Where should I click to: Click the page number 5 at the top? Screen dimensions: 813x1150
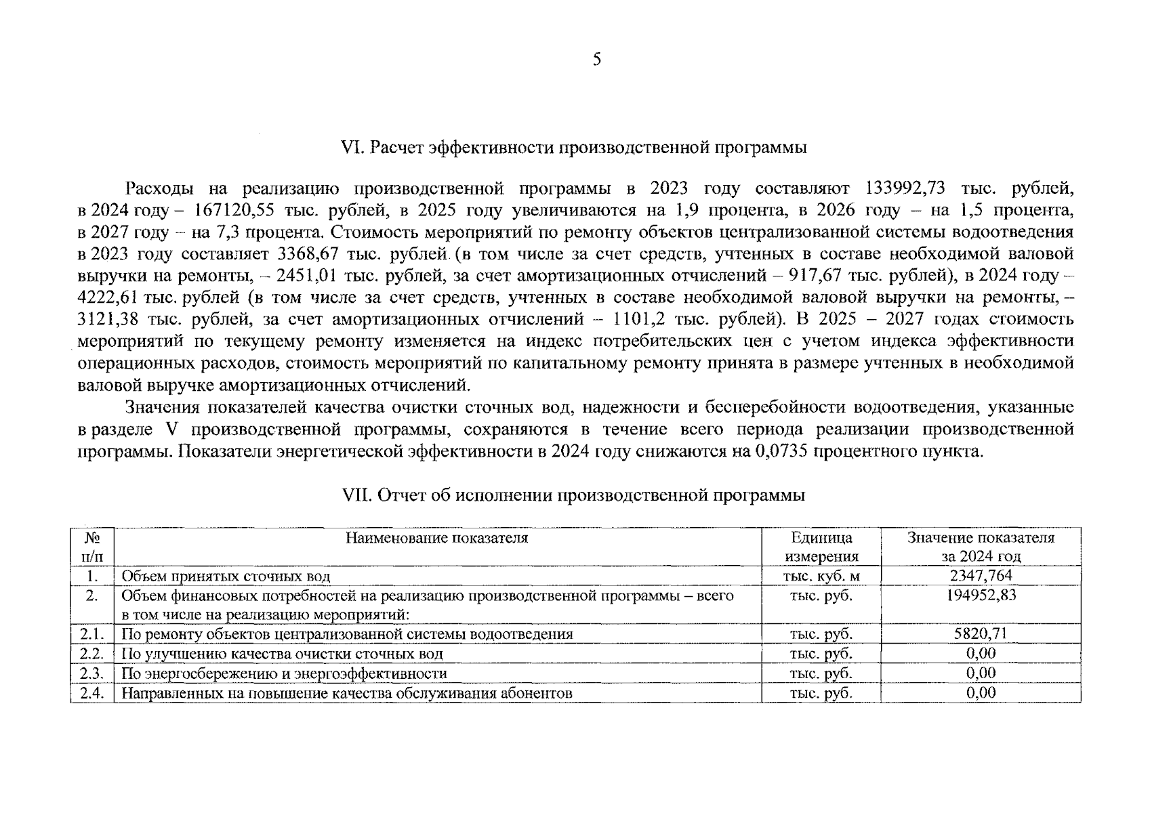pos(596,60)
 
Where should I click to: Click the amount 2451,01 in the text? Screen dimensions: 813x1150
pos(305,276)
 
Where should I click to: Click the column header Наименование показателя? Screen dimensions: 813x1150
pos(437,539)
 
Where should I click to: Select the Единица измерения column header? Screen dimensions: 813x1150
pos(821,547)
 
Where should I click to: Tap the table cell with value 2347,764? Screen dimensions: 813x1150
pos(981,577)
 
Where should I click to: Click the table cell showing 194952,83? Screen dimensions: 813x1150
pos(981,596)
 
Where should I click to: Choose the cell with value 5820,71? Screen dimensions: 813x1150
pos(981,634)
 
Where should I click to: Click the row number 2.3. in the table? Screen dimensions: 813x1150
pos(91,673)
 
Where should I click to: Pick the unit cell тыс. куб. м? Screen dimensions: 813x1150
pos(821,577)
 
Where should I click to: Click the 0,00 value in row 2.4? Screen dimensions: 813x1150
pos(981,693)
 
